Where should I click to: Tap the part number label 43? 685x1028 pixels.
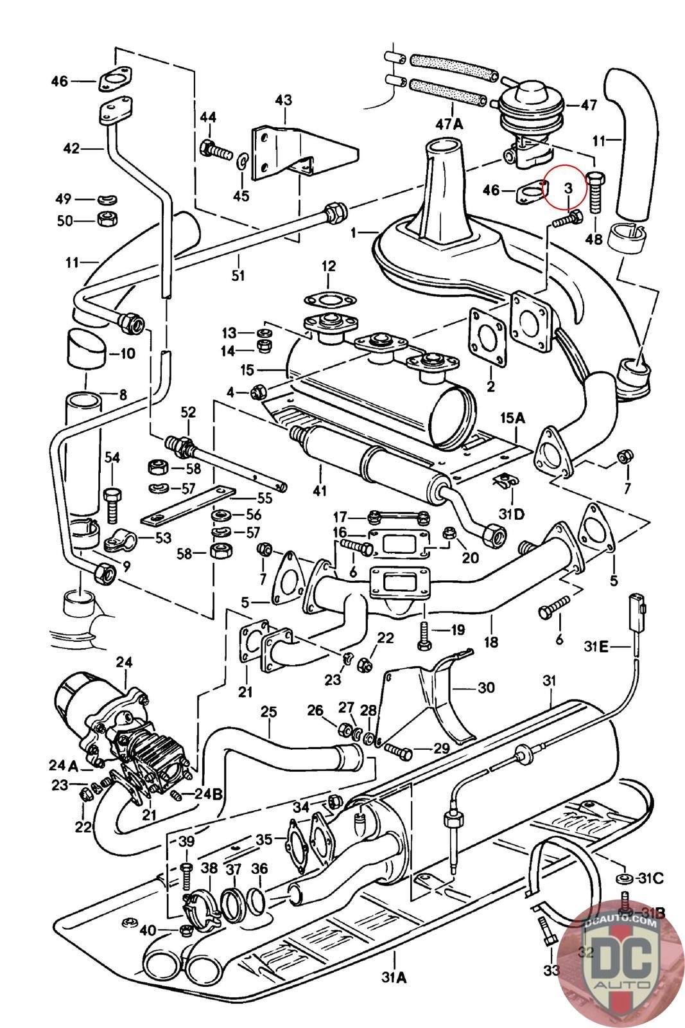tap(283, 100)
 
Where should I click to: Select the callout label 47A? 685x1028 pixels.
tap(449, 125)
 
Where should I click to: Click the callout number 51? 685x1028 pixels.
tap(238, 276)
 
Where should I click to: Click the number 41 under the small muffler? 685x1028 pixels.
tap(320, 491)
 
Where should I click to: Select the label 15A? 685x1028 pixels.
tap(513, 418)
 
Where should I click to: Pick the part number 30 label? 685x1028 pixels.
tap(486, 687)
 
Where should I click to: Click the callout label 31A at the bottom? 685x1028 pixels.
tap(394, 995)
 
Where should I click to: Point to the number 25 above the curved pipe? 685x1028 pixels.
tap(268, 712)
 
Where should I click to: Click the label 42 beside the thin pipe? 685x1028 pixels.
tap(71, 148)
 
